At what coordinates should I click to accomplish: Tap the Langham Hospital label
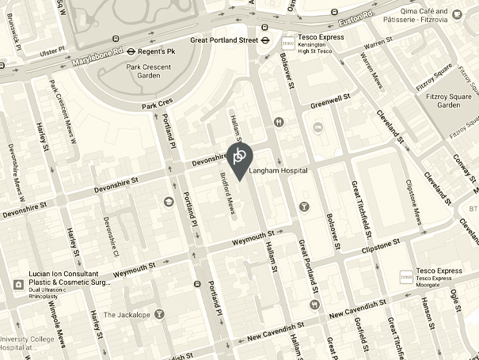tap(277, 170)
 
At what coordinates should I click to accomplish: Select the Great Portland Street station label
tap(225, 39)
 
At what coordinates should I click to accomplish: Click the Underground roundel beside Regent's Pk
tap(120, 51)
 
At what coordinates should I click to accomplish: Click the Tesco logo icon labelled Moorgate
tap(405, 277)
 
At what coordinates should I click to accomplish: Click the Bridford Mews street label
tap(226, 195)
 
